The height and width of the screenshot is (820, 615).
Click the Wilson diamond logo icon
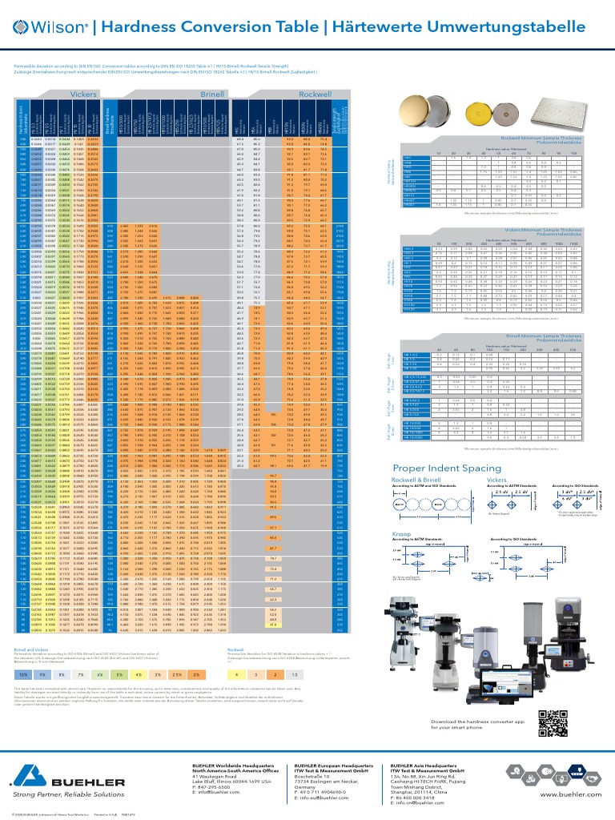pyautogui.click(x=22, y=28)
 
